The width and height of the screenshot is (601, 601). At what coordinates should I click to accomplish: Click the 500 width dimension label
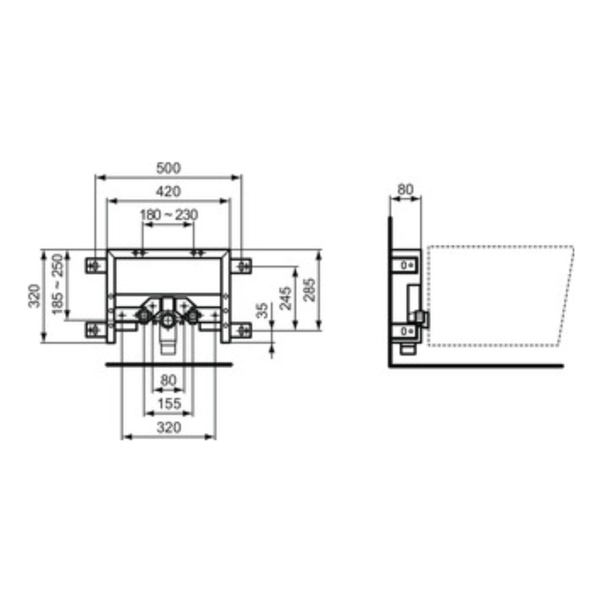click(168, 168)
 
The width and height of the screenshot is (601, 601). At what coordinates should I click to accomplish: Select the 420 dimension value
click(168, 191)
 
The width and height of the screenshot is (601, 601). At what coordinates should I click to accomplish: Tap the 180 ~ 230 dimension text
click(169, 215)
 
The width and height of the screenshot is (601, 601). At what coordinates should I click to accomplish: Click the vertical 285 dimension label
click(309, 289)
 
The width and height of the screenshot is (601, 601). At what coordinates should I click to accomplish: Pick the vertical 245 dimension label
click(286, 298)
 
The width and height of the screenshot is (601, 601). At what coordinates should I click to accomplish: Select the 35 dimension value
click(262, 310)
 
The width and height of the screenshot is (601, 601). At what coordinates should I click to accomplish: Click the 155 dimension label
click(169, 403)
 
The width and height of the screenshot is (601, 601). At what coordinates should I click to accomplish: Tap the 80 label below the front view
click(168, 380)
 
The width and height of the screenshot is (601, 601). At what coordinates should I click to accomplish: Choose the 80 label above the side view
click(406, 189)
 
